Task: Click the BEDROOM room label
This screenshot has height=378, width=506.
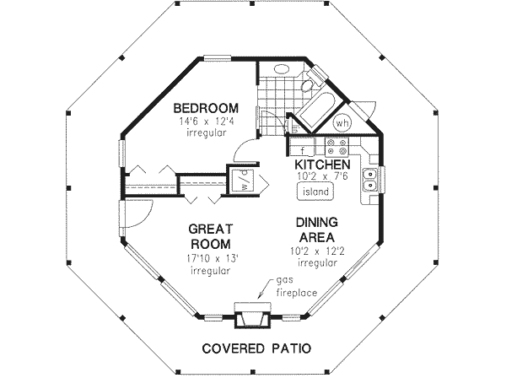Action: (206, 108)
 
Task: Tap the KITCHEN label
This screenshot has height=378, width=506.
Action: (322, 165)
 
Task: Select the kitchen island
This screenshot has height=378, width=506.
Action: (315, 192)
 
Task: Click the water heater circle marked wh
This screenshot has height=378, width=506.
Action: (342, 122)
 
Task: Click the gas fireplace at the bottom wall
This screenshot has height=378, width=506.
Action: (252, 315)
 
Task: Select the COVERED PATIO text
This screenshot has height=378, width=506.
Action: (256, 348)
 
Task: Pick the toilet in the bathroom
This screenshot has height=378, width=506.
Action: (310, 83)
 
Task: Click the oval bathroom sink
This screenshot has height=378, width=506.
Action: (283, 69)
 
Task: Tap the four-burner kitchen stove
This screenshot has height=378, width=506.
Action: (336, 146)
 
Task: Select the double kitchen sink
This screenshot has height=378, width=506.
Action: (370, 180)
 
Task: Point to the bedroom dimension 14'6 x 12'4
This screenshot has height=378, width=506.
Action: (207, 121)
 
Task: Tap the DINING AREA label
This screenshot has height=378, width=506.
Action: (317, 229)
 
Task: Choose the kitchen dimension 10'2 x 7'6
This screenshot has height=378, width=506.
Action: (323, 176)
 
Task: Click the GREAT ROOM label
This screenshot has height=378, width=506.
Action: (210, 236)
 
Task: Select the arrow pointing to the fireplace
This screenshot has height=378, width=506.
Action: (266, 289)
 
